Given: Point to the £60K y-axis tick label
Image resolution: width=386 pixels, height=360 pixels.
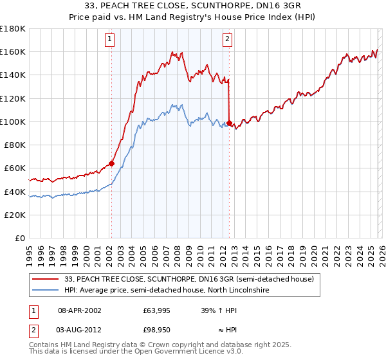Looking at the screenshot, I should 15,168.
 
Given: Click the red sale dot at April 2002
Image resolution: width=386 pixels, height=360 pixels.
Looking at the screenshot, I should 111,163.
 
